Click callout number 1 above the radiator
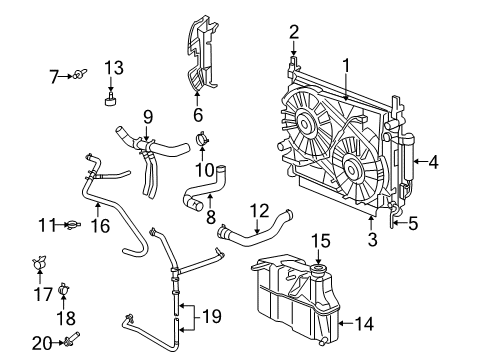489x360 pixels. (346, 65)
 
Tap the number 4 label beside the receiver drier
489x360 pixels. (433, 160)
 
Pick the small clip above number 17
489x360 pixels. (40, 265)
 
